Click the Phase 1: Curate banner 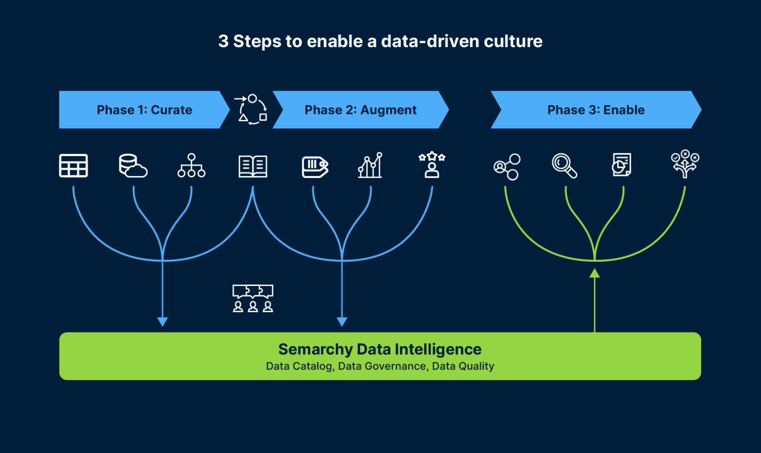(144, 110)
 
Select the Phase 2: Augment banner (360, 110)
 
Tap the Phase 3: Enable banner (596, 110)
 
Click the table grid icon (73, 166)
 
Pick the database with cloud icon (133, 166)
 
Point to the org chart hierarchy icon (191, 166)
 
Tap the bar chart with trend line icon (371, 166)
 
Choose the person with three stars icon (432, 165)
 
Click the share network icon (507, 167)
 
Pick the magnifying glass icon (564, 166)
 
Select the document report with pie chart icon (621, 165)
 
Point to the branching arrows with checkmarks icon (685, 164)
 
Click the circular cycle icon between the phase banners (252, 109)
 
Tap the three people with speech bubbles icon (253, 298)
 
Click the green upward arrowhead (595, 273)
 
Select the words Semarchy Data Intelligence (380, 349)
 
